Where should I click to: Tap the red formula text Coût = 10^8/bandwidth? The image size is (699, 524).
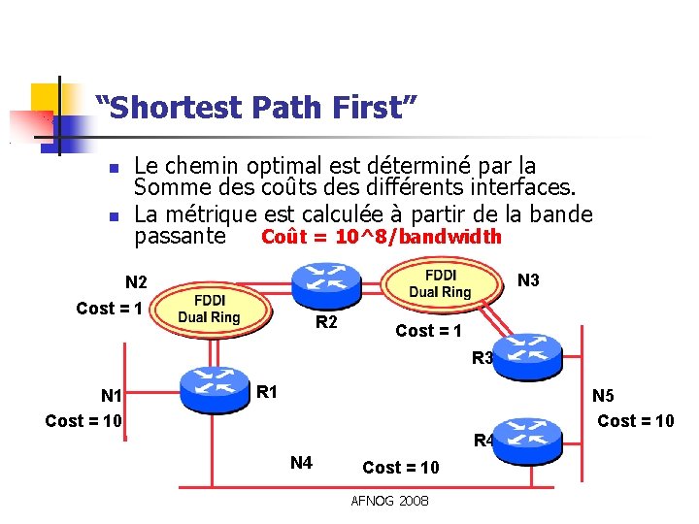coord(382,237)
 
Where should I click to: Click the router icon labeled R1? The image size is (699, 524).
coord(213,386)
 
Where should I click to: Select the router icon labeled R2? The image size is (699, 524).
coord(326,278)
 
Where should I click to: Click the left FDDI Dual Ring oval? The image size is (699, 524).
coord(209,310)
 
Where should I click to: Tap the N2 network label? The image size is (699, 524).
coord(137,283)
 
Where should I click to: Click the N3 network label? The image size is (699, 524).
coord(529,281)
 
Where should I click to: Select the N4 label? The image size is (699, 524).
coord(301,462)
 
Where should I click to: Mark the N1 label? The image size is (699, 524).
coord(112,396)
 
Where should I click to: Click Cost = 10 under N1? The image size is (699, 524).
coord(83,421)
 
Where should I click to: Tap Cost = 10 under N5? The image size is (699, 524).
coord(635,420)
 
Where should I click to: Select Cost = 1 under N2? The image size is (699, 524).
coord(111,309)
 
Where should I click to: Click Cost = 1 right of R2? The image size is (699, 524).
coord(429,330)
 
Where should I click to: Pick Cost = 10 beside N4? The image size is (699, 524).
coord(400,468)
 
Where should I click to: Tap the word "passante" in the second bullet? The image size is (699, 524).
coord(180,237)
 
